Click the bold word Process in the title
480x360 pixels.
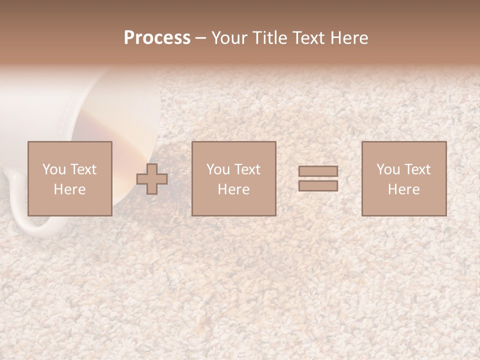(157, 38)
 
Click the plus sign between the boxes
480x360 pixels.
(152, 179)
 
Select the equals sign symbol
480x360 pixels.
(318, 178)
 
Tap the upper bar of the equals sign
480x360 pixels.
(318, 171)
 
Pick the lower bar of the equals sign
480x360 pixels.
(318, 185)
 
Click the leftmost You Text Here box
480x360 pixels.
(70, 178)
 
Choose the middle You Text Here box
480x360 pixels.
(234, 178)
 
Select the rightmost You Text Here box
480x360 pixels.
(404, 178)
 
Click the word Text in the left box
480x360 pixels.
(83, 169)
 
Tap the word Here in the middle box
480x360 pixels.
(234, 189)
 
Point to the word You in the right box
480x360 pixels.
(388, 169)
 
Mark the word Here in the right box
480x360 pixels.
(404, 189)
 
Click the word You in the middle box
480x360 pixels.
(218, 169)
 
